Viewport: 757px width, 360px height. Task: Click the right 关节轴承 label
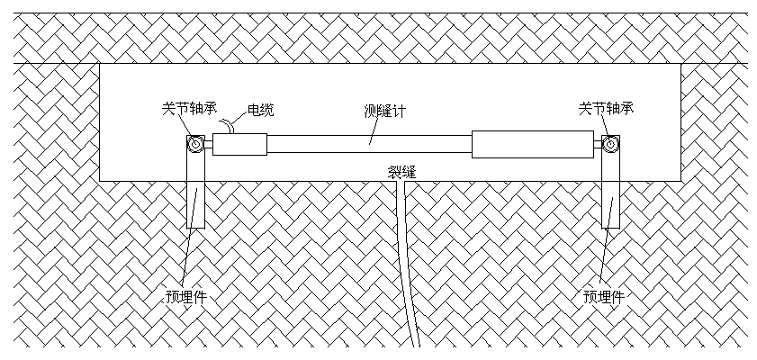(607, 109)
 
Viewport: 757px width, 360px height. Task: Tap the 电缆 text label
(260, 111)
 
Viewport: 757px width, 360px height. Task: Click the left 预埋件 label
(187, 296)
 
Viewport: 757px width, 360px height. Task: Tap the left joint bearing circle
(194, 145)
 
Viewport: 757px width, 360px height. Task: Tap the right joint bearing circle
(610, 145)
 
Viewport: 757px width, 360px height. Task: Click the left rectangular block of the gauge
(239, 144)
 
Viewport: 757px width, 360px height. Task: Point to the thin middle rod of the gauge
(369, 144)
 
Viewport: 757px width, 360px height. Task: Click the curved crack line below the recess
(410, 270)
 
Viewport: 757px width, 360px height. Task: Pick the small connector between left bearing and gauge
(208, 145)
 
